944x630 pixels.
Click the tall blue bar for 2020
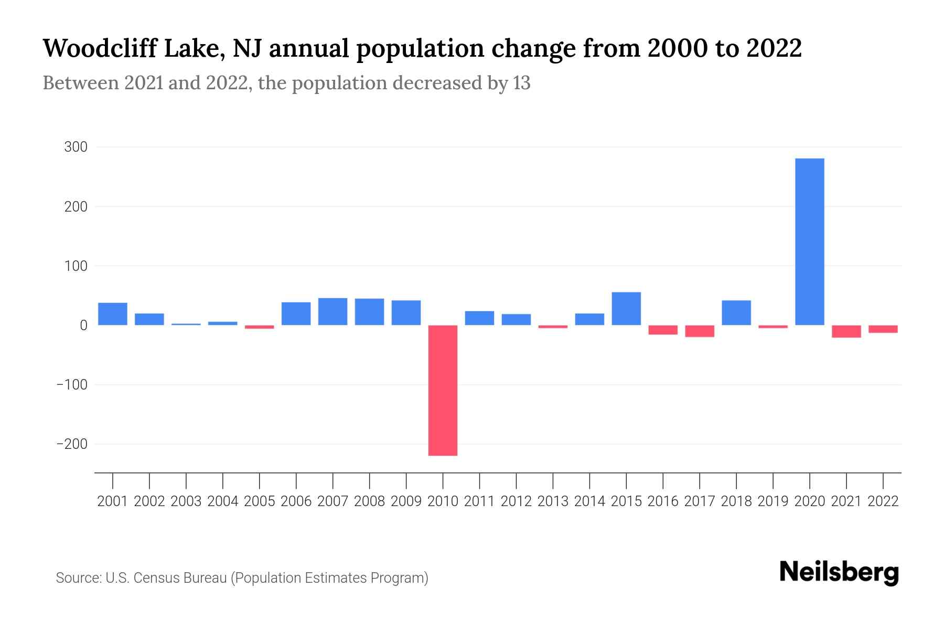[809, 241]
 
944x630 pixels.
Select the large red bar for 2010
[443, 390]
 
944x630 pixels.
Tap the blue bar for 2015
[626, 309]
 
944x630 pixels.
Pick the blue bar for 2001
[113, 314]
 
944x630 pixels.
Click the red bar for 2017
[700, 331]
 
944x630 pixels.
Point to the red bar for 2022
[883, 329]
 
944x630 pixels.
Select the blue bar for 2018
[736, 313]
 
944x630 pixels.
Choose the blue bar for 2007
[332, 311]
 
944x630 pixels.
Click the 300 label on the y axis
[76, 147]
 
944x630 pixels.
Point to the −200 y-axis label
[72, 444]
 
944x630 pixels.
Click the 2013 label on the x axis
[553, 501]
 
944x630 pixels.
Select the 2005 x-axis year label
[260, 501]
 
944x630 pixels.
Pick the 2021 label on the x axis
[846, 501]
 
